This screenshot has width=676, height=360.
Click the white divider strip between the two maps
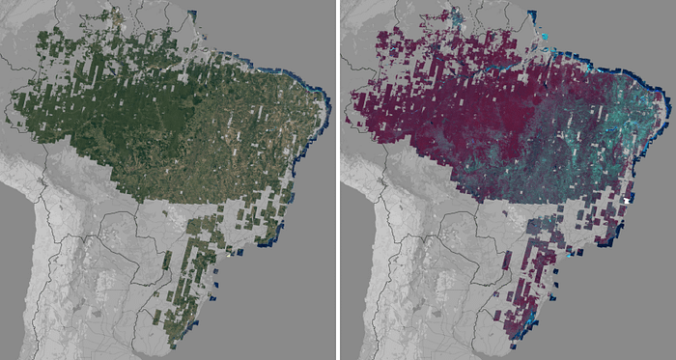[x=338, y=180]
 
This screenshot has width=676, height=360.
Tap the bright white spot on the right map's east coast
[x=628, y=197]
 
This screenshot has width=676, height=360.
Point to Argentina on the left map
[x=106, y=309]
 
